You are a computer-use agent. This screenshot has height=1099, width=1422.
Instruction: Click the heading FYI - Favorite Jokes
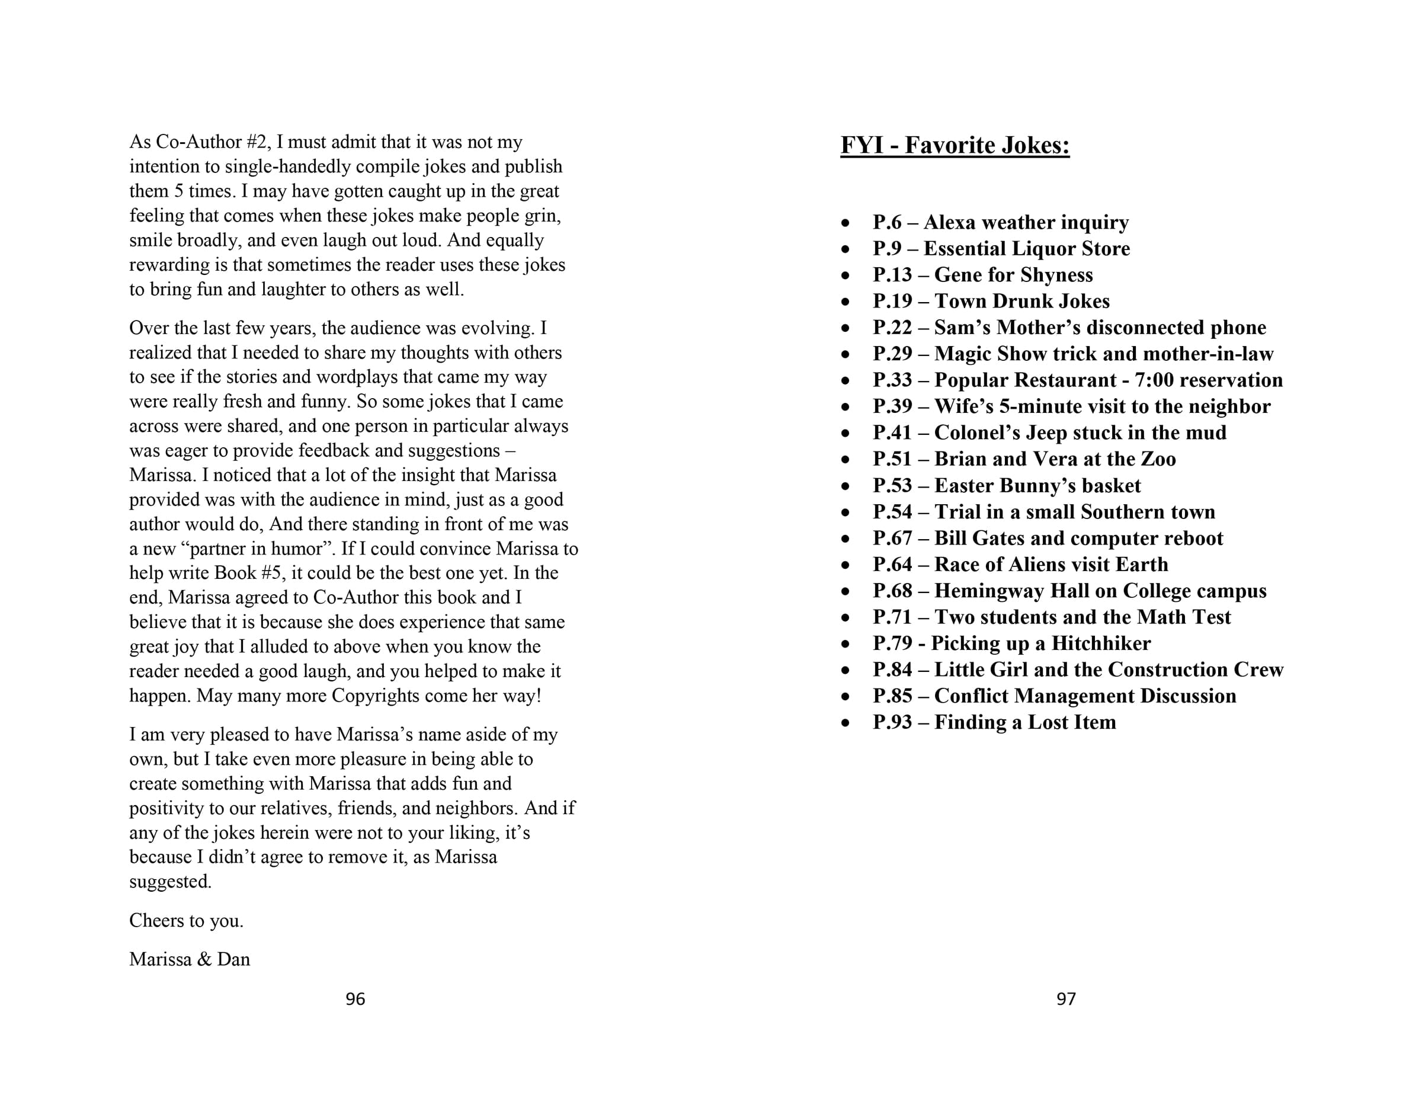[955, 145]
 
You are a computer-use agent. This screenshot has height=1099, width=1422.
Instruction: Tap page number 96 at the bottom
[355, 999]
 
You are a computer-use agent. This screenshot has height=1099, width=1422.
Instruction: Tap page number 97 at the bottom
[1066, 999]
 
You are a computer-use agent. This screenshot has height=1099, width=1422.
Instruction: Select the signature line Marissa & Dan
[190, 959]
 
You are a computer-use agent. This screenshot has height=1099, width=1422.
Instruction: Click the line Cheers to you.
[186, 920]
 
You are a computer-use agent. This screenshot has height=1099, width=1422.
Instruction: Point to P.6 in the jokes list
[888, 223]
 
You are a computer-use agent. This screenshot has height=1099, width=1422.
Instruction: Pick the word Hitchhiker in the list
[1101, 643]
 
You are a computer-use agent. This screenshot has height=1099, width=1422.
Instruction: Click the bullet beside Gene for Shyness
[845, 275]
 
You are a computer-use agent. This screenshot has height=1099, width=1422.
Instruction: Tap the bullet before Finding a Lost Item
[845, 723]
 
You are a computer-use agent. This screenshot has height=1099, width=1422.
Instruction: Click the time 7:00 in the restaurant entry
[1154, 380]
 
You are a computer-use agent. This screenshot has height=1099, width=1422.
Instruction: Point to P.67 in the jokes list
[893, 539]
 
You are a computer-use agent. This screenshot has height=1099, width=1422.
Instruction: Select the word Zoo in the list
[1158, 459]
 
